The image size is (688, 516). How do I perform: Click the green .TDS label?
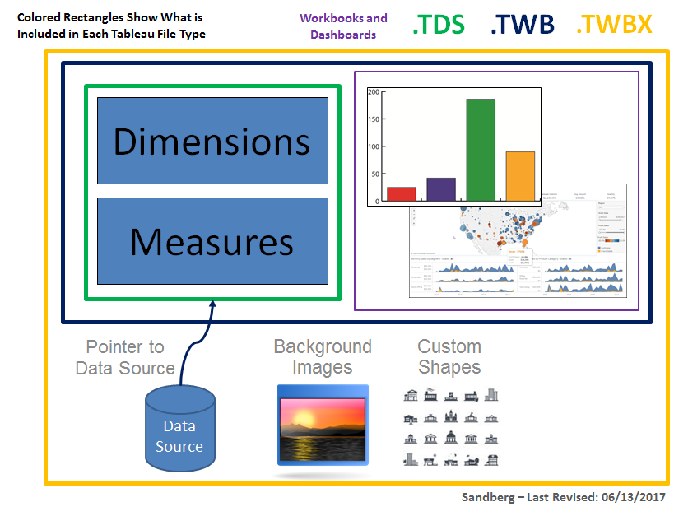click(x=438, y=26)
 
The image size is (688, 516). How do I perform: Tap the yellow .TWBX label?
click(x=614, y=26)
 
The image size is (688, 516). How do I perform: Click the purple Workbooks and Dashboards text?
click(x=343, y=26)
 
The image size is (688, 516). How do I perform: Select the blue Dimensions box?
click(x=212, y=141)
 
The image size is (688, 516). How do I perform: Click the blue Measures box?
click(x=212, y=241)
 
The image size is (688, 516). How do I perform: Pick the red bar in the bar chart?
click(x=401, y=193)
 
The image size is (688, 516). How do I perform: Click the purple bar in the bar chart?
click(x=441, y=188)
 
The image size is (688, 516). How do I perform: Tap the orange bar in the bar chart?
click(x=520, y=175)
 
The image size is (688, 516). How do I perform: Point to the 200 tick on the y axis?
click(x=374, y=92)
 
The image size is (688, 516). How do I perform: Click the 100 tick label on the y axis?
click(x=374, y=146)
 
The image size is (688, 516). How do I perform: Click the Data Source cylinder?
click(x=179, y=432)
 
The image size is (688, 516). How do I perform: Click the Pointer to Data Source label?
click(x=125, y=358)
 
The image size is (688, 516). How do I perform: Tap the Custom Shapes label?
click(x=449, y=357)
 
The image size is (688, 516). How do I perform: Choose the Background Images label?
click(x=323, y=357)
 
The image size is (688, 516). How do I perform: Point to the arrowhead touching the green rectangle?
click(x=212, y=305)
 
